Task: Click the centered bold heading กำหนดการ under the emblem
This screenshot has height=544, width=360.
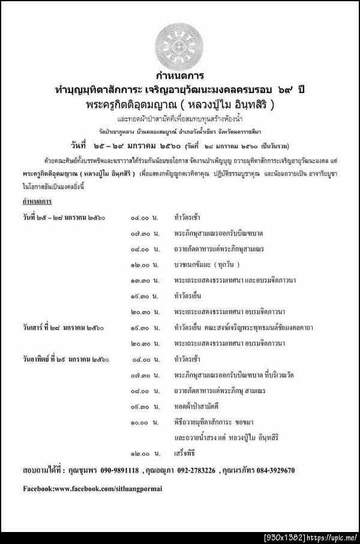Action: pos(179,76)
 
